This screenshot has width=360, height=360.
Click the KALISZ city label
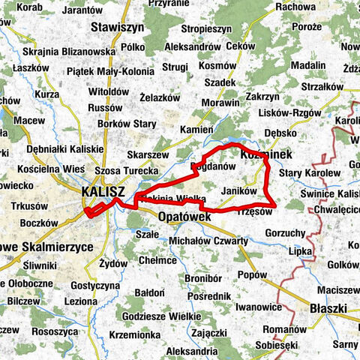point(104,191)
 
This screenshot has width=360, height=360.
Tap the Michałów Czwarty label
point(209,241)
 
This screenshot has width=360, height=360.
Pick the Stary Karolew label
point(309,173)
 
